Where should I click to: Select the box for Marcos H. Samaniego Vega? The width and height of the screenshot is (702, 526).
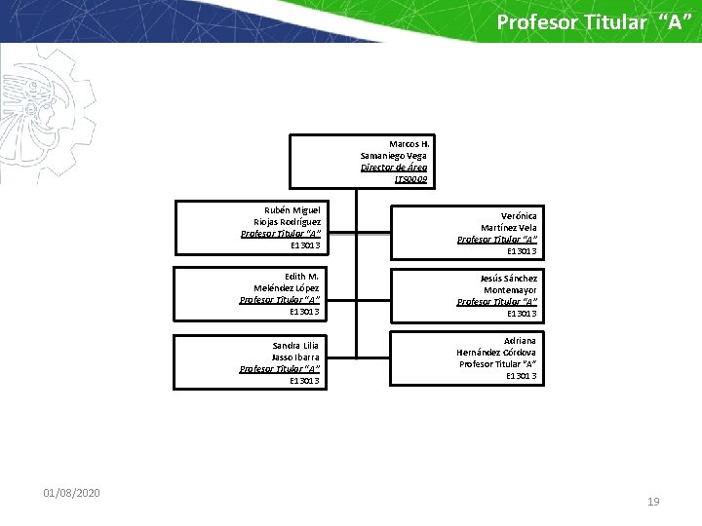pos(360,161)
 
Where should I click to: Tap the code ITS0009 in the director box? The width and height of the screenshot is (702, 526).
pos(410,179)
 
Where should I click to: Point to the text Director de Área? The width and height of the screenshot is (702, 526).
pos(394,168)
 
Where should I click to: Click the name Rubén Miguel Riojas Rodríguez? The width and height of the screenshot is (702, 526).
pos(287,215)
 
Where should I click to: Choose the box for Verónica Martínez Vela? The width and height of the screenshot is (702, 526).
pos(467,233)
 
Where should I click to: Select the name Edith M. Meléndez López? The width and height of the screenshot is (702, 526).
pos(287,282)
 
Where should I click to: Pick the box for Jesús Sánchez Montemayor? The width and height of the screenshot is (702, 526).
pos(467,295)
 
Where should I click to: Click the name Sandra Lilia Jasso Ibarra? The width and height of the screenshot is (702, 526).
pos(294,351)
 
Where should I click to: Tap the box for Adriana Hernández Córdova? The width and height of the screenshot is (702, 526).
pos(467,357)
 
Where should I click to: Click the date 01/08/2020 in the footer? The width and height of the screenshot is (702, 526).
pos(71,494)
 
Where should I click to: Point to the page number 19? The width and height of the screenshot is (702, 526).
pos(653,502)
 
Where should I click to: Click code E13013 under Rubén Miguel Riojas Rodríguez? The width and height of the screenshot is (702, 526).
pos(305,245)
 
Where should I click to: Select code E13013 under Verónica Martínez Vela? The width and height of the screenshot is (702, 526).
pos(522,251)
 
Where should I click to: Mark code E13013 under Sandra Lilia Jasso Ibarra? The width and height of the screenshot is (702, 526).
pos(305,381)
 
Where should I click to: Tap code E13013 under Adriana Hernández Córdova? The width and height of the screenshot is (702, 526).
pos(521,375)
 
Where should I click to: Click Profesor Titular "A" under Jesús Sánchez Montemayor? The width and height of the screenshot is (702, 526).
pos(497,302)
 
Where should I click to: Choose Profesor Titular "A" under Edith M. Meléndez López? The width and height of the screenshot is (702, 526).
pos(280,300)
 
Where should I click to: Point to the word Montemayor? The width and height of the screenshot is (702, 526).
pos(510,290)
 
